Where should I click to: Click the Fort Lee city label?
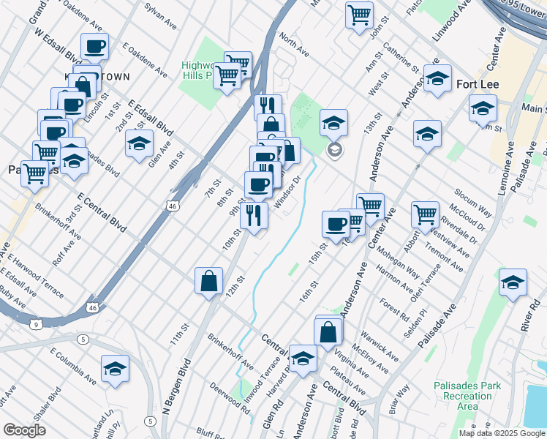click(x=478, y=84)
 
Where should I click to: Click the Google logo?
click(x=24, y=430)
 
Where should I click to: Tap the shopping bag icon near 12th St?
click(x=209, y=281)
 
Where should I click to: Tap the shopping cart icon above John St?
click(x=359, y=15)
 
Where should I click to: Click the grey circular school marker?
click(x=334, y=150)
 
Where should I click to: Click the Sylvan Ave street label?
click(x=160, y=15)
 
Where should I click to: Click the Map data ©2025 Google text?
click(x=501, y=432)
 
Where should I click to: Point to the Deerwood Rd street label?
click(x=230, y=397)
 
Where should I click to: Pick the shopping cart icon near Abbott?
click(x=425, y=214)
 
